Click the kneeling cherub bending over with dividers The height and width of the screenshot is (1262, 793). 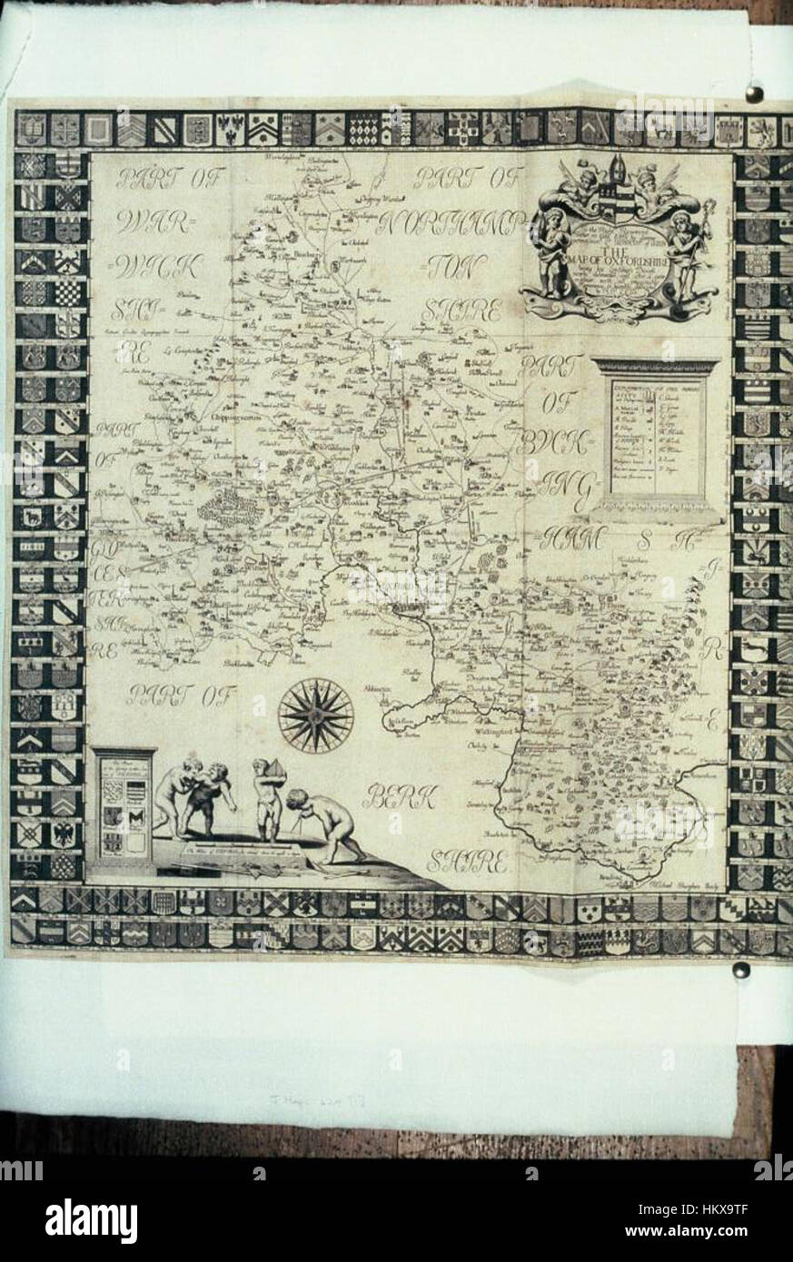point(322,822)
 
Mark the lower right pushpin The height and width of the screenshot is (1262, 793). point(742,970)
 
